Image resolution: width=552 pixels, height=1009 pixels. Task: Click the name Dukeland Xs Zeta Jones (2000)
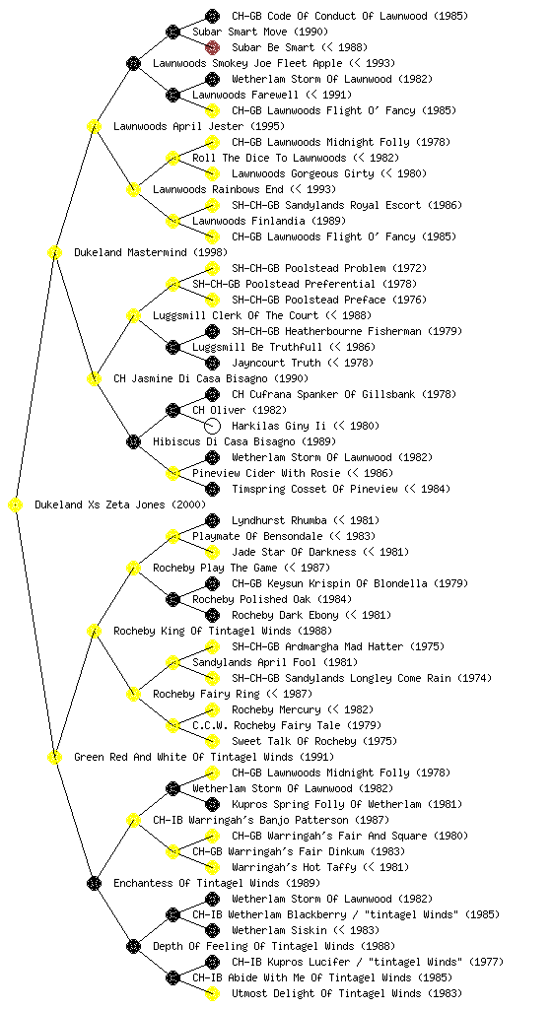click(120, 505)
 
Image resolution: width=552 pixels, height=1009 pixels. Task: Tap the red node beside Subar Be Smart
click(212, 47)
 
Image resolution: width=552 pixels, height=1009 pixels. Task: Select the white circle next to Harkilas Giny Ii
click(212, 426)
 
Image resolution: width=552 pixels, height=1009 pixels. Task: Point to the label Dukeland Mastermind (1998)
click(151, 253)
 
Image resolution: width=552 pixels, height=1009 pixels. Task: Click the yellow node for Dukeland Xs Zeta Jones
click(16, 505)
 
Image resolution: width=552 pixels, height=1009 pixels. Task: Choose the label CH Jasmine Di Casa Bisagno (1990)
click(211, 379)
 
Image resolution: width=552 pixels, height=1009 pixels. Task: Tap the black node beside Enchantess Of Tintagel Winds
click(94, 884)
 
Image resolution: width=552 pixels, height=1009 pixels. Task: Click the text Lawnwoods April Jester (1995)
click(199, 127)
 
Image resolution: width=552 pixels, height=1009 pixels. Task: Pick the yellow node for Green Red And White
click(54, 758)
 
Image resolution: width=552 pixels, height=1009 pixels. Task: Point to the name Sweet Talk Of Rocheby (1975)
click(314, 741)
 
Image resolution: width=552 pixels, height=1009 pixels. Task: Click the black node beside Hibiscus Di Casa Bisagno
click(133, 442)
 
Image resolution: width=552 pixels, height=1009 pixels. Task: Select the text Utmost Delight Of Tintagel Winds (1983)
click(347, 993)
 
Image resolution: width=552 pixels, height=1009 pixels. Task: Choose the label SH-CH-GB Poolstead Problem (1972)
click(329, 268)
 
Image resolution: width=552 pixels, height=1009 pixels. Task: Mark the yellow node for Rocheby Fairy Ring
click(133, 695)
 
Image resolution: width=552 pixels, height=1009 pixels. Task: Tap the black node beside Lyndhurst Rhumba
click(212, 520)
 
